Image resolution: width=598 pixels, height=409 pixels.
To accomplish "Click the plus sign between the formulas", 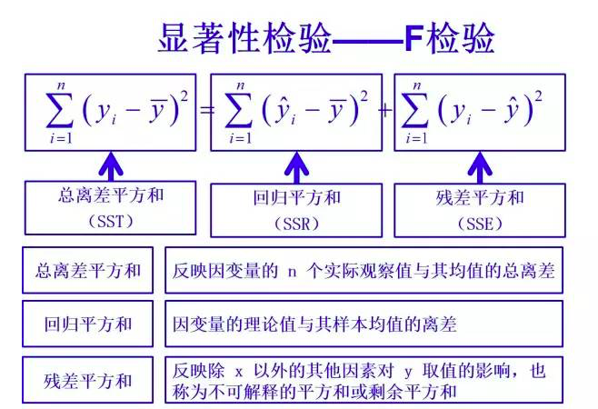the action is pyautogui.click(x=385, y=111).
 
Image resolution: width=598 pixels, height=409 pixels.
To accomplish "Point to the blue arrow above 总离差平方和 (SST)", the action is pyautogui.click(x=111, y=166).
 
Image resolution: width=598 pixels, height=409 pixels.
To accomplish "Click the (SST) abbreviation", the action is pyautogui.click(x=111, y=221).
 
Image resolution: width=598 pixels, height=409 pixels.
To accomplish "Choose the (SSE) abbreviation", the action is pyautogui.click(x=480, y=223).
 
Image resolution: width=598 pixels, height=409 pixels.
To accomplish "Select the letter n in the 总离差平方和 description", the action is pyautogui.click(x=293, y=271).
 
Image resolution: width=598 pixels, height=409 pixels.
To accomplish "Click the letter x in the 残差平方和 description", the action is pyautogui.click(x=240, y=372).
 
